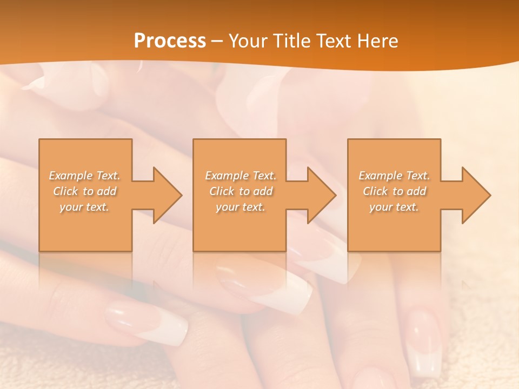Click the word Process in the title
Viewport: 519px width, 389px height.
(x=170, y=41)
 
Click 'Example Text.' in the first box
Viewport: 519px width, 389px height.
(x=85, y=176)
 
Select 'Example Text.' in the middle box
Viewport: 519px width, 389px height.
(x=241, y=176)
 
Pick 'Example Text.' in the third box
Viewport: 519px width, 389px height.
(x=394, y=176)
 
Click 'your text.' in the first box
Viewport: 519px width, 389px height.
(x=85, y=207)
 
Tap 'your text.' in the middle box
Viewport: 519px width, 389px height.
(x=241, y=207)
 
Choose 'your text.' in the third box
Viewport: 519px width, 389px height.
(x=394, y=207)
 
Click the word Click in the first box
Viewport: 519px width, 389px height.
(x=65, y=191)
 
